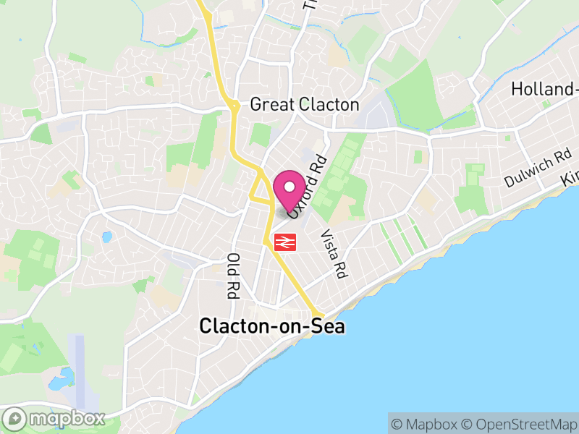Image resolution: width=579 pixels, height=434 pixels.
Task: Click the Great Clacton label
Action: pos(304,105)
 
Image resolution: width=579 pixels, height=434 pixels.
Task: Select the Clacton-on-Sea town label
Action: pos(272,327)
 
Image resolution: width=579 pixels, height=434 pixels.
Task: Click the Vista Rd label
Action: pos(331,255)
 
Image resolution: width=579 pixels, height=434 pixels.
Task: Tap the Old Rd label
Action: pos(233,276)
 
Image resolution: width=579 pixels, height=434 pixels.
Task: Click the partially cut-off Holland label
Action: pos(544,89)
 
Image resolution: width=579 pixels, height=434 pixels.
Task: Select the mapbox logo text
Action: pos(67,418)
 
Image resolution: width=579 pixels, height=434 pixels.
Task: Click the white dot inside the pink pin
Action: pos(289,185)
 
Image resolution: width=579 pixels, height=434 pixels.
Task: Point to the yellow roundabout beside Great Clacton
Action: pos(234,107)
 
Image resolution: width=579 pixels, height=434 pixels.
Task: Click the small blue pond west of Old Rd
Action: pos(107,237)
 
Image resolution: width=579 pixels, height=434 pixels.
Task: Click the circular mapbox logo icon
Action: pos(15,419)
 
